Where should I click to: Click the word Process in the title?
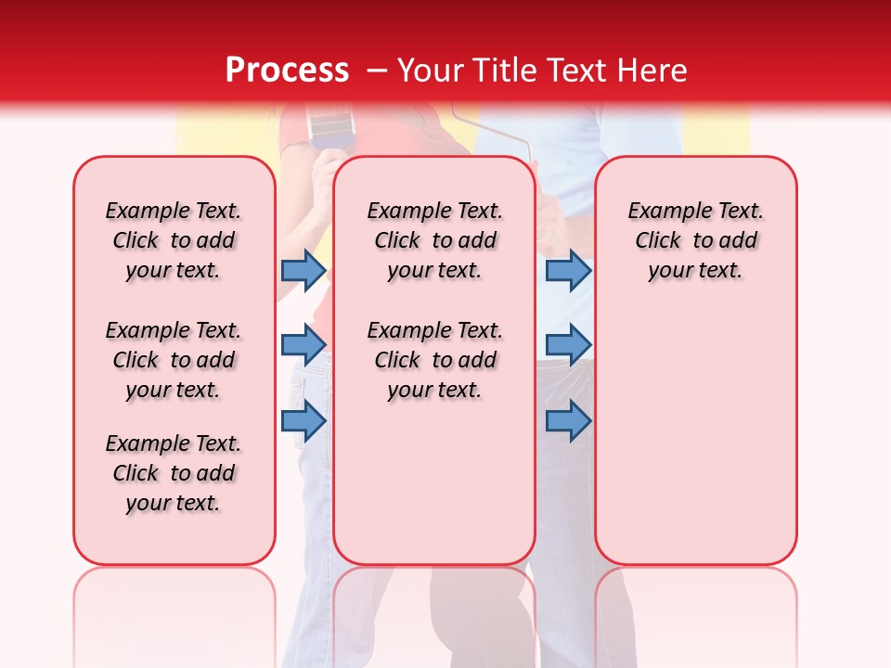coord(287,71)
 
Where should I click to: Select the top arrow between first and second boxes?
coord(303,270)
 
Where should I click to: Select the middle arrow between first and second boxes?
coord(303,345)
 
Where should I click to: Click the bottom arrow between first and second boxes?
coord(303,421)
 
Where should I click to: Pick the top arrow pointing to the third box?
coord(568,270)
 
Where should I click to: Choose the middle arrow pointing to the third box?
coord(568,345)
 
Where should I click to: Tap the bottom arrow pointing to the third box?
coord(568,421)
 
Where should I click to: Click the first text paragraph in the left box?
coord(174,240)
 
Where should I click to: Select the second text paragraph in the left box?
coord(174,360)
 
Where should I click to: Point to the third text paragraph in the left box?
coord(174,473)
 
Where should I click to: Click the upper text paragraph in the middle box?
coord(435,240)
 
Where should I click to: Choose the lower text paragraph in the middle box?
coord(435,360)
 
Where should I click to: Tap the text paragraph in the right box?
coord(696,240)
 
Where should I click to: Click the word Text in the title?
coord(576,71)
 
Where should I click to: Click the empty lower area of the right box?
coord(696,436)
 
